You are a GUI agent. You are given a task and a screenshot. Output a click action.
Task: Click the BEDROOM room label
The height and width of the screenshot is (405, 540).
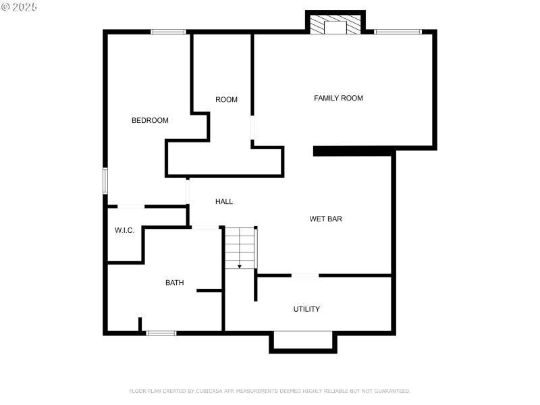150,120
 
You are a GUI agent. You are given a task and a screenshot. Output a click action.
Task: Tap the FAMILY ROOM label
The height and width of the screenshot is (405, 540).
338,98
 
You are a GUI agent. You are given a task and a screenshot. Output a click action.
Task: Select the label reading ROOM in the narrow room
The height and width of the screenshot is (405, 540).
226,100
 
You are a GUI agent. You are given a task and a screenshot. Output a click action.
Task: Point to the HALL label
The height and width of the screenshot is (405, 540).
224,201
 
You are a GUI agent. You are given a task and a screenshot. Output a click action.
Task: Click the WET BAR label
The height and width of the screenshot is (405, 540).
326,219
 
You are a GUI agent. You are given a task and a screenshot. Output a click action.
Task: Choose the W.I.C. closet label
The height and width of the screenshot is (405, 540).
124,230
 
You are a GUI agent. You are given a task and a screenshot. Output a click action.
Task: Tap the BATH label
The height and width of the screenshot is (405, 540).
174,283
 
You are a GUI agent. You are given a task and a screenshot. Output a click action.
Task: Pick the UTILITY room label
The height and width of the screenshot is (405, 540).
306,309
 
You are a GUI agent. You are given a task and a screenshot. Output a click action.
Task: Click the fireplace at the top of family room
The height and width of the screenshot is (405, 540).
335,24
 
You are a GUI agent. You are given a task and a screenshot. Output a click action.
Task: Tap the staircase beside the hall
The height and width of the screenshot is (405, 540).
240,247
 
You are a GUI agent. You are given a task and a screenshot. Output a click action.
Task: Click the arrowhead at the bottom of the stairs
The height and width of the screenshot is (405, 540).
240,267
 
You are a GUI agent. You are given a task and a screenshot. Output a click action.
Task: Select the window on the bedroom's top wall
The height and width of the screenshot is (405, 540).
168,32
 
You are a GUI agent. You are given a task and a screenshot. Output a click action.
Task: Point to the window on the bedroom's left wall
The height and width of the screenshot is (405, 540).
105,180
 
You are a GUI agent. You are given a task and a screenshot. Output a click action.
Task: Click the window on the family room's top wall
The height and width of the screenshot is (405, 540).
398,32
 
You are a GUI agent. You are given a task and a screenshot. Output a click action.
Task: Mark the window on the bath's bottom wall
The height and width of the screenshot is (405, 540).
161,333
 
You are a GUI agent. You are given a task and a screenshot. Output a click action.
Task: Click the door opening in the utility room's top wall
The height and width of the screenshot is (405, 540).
304,275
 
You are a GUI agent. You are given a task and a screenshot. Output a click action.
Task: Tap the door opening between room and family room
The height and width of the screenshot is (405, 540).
252,128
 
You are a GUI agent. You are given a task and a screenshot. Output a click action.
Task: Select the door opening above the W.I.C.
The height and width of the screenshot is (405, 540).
131,206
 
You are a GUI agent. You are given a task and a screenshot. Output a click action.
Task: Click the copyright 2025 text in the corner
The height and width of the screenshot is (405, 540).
19,6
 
